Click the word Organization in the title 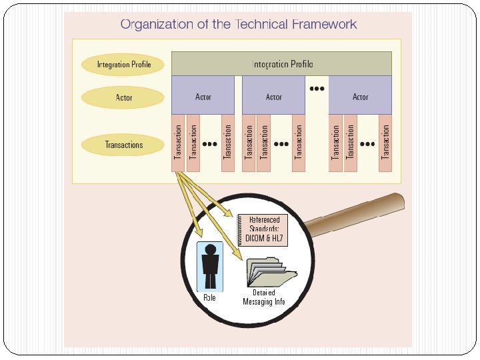coord(155,25)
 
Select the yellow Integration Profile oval coord(123,65)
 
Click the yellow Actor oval coord(123,98)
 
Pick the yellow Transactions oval coord(123,145)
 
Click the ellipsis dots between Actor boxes coord(317,88)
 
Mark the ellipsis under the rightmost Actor coord(367,143)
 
